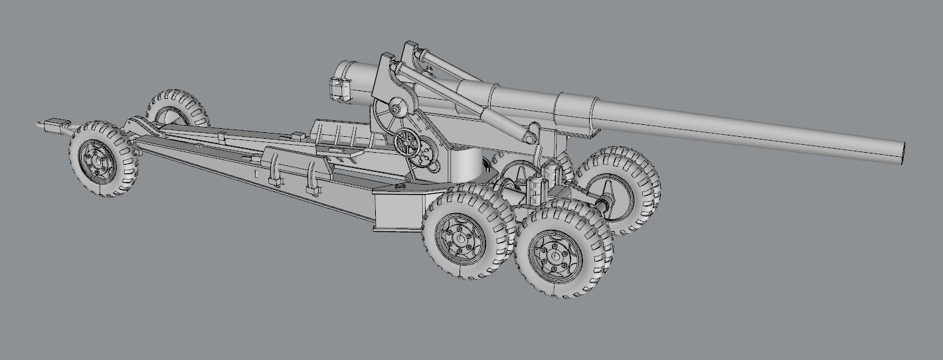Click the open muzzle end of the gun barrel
pos(902,151)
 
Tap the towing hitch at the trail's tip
pos(50,124)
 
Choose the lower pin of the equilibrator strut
pos(529,138)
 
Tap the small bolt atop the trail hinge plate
pos(400,187)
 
